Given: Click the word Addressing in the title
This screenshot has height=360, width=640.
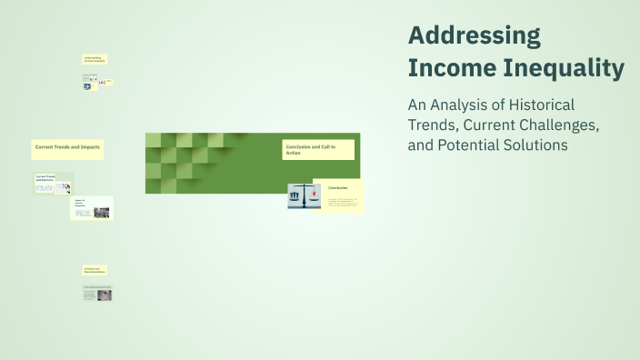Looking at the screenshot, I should point(474,35).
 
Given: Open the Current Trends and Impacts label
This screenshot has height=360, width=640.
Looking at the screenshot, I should point(67,147).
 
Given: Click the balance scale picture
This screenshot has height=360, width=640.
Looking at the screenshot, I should point(304,196).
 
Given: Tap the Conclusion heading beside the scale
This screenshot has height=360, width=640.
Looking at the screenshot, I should point(338,187).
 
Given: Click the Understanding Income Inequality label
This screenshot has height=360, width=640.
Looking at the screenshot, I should point(95,59).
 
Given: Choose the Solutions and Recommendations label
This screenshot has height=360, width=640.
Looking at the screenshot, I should point(95,271).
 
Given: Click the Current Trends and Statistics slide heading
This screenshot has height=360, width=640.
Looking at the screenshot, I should point(45,178).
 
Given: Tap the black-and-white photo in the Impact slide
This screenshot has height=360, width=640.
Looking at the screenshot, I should point(101,213).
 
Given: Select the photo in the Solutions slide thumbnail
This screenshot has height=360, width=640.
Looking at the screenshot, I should point(105,295).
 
